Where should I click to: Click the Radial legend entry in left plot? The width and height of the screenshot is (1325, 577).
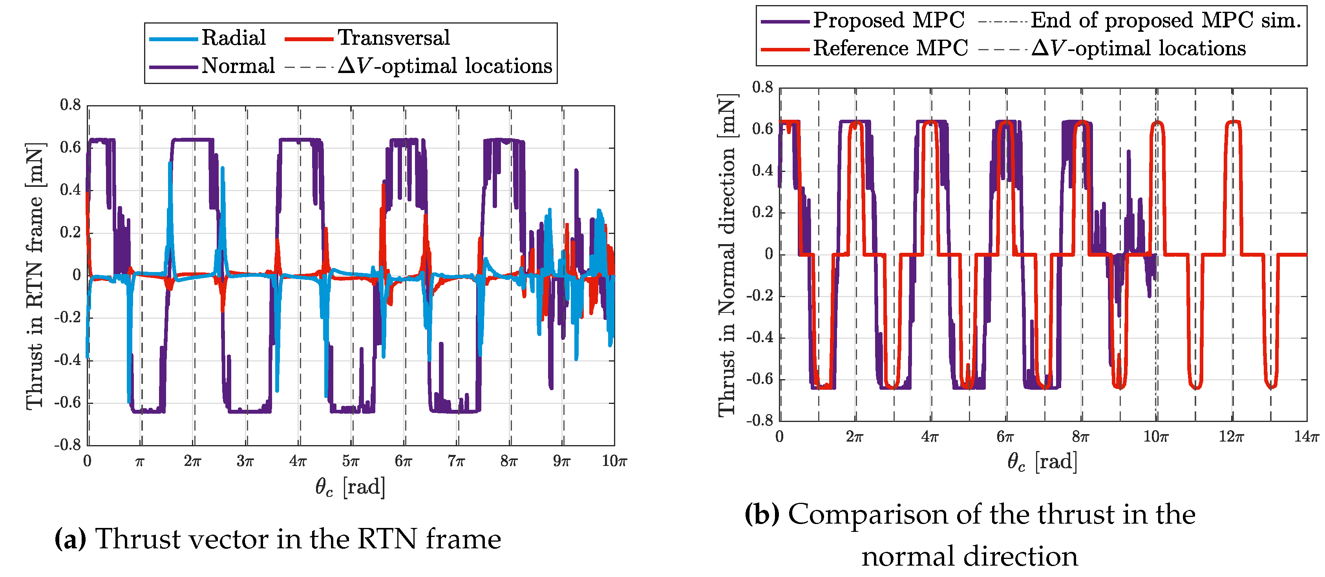click(x=233, y=38)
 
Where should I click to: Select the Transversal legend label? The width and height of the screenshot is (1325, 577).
click(x=393, y=38)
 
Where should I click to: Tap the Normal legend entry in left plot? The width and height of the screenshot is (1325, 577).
click(x=238, y=66)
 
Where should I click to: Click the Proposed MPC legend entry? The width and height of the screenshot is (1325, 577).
click(x=888, y=20)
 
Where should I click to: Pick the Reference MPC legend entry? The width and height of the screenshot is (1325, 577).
click(x=890, y=49)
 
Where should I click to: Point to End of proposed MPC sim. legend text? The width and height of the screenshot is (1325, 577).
click(x=1166, y=20)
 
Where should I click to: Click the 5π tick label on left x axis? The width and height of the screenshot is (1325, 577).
click(x=351, y=461)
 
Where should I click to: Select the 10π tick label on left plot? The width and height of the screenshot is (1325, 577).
click(x=614, y=461)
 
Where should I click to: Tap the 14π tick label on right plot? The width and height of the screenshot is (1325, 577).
click(x=1307, y=437)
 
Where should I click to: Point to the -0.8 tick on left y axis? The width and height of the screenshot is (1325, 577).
click(x=68, y=444)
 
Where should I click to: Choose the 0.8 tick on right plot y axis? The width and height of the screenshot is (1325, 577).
click(x=762, y=88)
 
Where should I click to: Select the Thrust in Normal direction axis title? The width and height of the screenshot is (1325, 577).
click(x=727, y=255)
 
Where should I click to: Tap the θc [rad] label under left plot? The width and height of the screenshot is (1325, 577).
click(x=350, y=486)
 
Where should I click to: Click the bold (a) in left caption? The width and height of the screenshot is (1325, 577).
click(x=70, y=539)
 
